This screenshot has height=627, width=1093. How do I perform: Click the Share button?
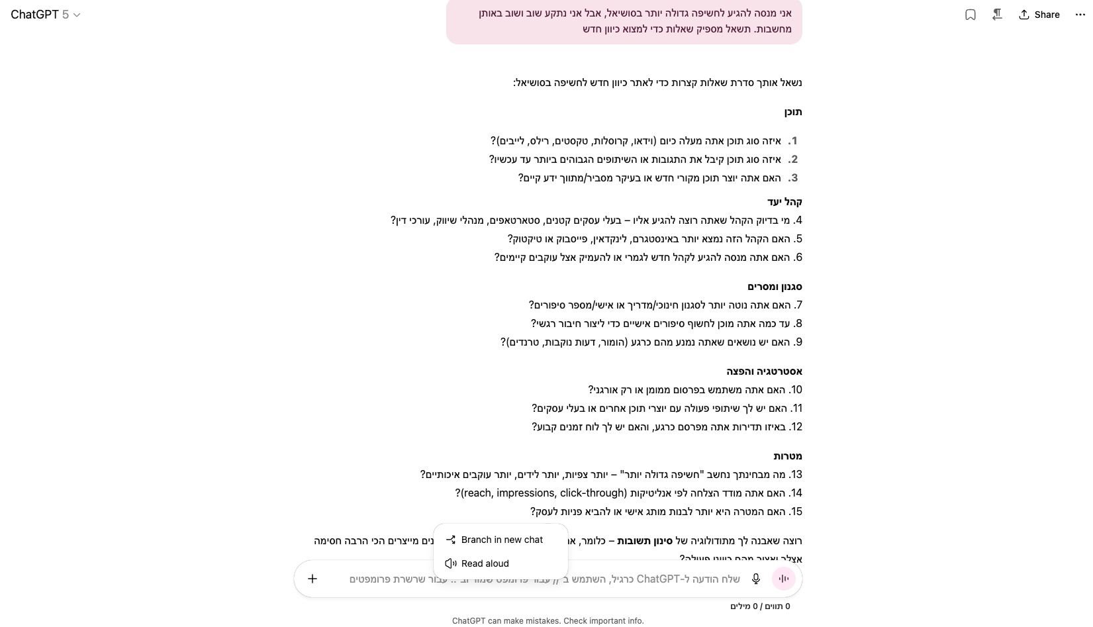click(1039, 15)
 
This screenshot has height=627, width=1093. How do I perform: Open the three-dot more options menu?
click(1080, 15)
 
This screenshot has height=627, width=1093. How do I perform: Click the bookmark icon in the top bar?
click(971, 15)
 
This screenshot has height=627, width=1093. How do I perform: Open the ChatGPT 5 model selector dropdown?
click(46, 15)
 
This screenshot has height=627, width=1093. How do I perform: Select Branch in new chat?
click(501, 540)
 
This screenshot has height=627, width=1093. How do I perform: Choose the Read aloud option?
click(485, 563)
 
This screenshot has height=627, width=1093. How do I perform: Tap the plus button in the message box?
click(312, 579)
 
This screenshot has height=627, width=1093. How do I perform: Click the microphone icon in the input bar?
click(755, 579)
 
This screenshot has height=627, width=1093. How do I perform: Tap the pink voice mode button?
click(784, 579)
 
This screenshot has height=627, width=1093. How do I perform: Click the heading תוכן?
click(792, 112)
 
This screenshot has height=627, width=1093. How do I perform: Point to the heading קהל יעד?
click(784, 202)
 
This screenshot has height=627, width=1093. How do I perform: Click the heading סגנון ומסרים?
click(775, 287)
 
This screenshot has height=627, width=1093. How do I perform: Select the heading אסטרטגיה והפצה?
click(764, 371)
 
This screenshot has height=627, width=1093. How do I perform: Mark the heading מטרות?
click(787, 456)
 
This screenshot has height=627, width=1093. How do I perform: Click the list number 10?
click(796, 390)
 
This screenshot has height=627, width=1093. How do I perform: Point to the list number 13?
click(796, 475)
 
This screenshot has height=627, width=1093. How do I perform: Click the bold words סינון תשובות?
click(644, 541)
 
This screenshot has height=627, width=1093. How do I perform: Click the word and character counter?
click(760, 606)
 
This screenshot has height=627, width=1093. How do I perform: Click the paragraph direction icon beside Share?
click(997, 15)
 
